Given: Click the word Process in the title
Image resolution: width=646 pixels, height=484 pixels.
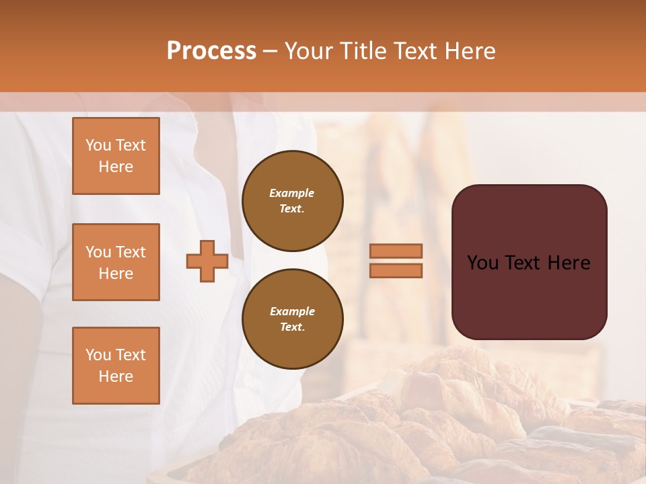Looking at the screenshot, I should click(211, 51).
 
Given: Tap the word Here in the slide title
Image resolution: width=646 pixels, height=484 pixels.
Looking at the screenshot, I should click(468, 51).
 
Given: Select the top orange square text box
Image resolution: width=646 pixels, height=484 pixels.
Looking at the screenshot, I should click(116, 156).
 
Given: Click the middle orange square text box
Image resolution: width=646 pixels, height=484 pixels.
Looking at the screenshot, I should click(116, 262).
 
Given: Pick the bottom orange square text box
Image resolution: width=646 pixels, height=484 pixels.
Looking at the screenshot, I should click(116, 366).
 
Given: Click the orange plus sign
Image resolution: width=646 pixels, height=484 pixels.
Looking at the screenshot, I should click(207, 261).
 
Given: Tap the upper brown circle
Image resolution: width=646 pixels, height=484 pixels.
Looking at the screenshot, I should click(292, 201).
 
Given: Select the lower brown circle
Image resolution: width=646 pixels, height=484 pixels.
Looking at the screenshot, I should click(292, 319).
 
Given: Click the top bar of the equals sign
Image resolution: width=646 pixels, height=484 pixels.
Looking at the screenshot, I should click(396, 251).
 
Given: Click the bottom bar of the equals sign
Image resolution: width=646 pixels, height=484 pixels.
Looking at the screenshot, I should click(396, 270).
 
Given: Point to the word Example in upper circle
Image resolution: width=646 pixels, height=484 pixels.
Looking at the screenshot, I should click(291, 193).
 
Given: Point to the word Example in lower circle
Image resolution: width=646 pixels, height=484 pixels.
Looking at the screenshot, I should click(292, 311).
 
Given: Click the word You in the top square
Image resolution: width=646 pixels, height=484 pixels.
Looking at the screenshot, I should click(98, 145).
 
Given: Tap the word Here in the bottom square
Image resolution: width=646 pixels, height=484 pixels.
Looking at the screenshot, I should click(116, 376).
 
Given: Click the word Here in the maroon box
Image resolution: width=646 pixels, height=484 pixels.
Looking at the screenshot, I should click(569, 263).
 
